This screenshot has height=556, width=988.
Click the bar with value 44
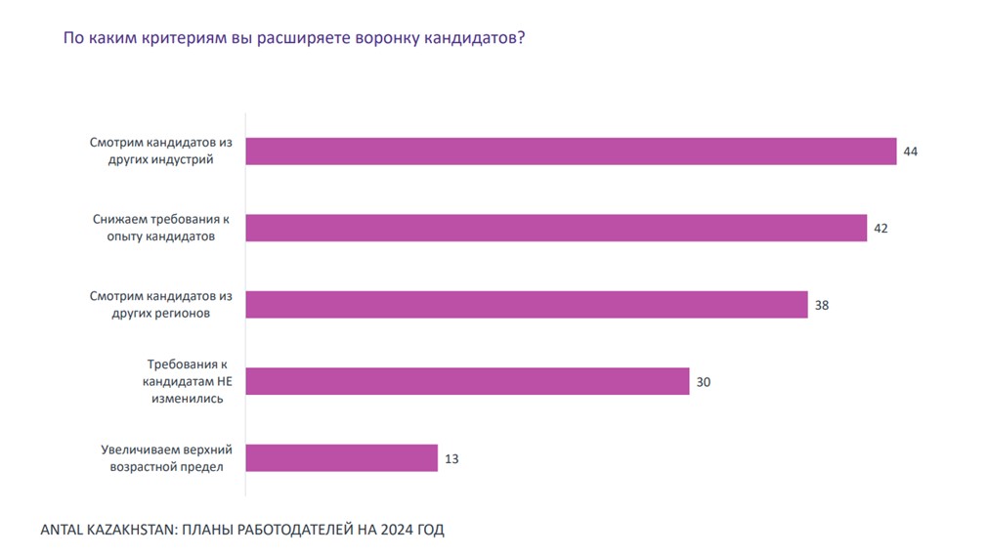(571, 151)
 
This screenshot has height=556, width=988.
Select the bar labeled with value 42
(556, 228)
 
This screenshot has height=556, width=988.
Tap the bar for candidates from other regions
(527, 305)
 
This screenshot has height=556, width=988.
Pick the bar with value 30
(467, 381)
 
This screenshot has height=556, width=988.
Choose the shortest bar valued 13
(341, 457)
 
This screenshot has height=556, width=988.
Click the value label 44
(911, 151)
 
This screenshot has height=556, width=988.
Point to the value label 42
(881, 228)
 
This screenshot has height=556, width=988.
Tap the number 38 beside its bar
(822, 305)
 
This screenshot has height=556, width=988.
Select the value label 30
(704, 381)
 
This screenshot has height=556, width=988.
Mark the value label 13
(451, 457)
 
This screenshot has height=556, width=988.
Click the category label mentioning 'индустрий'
(160, 151)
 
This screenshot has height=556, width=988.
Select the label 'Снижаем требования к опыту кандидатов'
(161, 228)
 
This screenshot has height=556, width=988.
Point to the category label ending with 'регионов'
(160, 305)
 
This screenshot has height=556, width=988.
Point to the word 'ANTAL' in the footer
(62, 531)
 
